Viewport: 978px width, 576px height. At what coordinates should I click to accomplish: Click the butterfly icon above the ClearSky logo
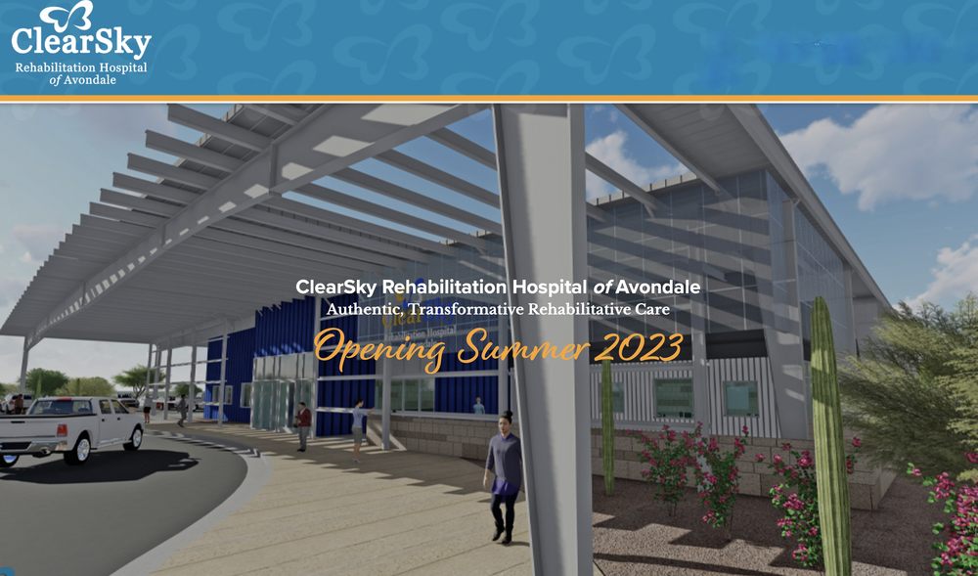67,15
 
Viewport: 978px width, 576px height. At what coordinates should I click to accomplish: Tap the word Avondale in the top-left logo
94,80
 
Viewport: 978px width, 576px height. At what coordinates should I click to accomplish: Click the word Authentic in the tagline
365,310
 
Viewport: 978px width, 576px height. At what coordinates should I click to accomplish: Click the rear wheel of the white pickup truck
77,448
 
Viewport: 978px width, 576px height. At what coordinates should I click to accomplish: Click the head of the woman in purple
505,421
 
